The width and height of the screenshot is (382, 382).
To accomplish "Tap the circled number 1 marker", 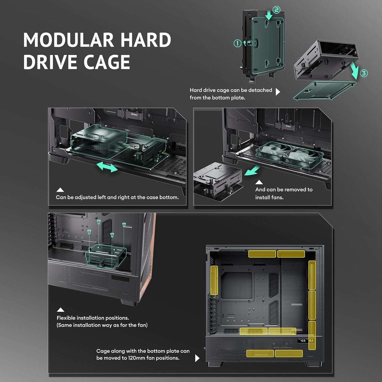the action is coord(237,43).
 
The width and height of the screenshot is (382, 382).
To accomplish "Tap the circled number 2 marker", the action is coord(277,10).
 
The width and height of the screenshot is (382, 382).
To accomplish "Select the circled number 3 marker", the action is coord(363,73).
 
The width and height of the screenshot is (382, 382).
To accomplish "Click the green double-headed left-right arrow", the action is coord(107,167).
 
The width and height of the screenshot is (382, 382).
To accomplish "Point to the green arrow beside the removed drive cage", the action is coord(251,171).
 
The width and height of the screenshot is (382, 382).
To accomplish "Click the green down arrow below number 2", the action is coord(269,15).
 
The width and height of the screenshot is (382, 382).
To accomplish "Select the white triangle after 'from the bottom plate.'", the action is coord(278,92).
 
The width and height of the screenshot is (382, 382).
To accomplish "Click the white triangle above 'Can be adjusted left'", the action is coord(60,190).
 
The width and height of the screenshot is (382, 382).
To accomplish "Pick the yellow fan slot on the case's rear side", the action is coord(214,280).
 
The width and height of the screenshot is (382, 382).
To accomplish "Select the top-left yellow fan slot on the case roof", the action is coord(262,254).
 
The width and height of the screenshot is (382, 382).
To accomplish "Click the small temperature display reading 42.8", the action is coord(303,340).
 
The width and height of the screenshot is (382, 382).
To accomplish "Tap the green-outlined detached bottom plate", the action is coord(325,90).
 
